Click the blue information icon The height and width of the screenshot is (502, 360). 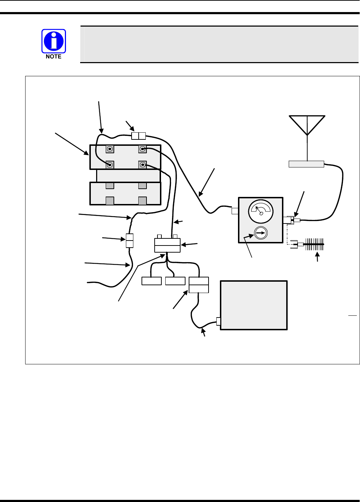tap(54, 41)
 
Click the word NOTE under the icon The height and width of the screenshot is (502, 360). tap(54, 57)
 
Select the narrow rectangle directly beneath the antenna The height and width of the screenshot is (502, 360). tap(306, 164)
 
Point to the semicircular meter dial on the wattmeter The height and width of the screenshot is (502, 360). tap(261, 210)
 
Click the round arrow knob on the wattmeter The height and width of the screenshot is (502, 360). tap(261, 233)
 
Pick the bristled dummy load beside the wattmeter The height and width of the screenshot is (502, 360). tap(314, 244)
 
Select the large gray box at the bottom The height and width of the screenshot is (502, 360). tap(254, 305)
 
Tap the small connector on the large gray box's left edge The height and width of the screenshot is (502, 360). tap(218, 321)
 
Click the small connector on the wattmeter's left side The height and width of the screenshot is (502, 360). tap(235, 211)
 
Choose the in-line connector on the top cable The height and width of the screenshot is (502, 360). tap(139, 136)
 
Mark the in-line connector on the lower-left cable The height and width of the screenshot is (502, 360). tap(129, 241)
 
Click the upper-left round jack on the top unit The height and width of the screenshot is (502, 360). tap(110, 149)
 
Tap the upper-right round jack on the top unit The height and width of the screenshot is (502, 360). tap(142, 149)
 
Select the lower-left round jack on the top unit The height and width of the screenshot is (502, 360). tap(110, 165)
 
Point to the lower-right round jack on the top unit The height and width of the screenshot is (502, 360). tap(142, 165)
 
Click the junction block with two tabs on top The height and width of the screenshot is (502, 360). tap(167, 245)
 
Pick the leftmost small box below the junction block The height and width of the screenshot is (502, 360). tap(151, 281)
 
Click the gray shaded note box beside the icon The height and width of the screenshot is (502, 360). tap(219, 44)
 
